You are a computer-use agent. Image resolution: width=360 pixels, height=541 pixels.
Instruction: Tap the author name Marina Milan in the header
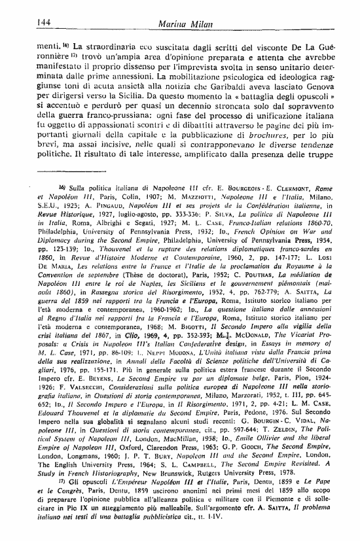point(181,23)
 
